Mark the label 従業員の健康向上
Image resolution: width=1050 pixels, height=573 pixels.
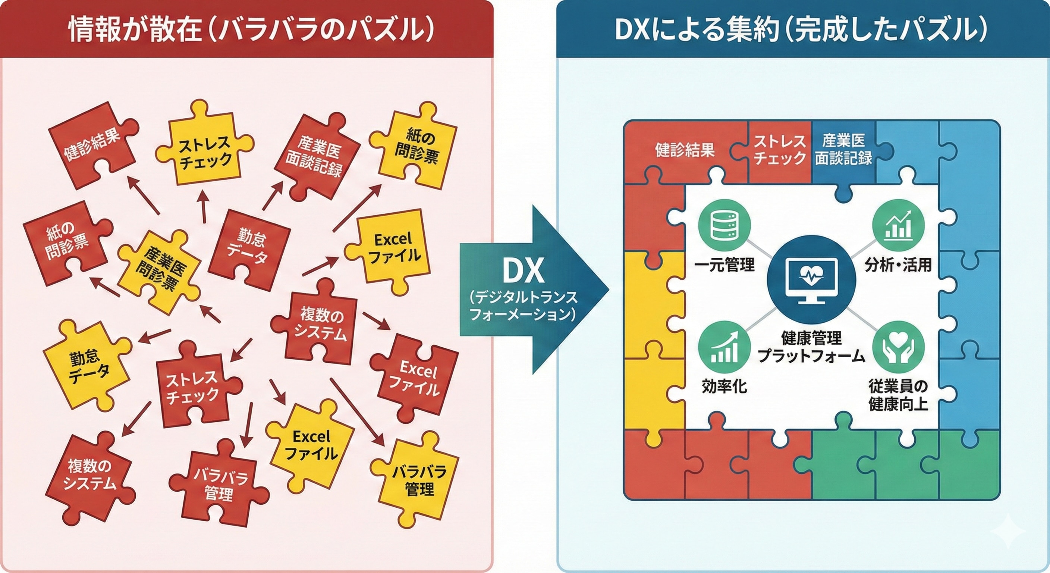tap(898, 395)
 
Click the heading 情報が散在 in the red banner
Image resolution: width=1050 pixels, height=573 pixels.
tap(135, 29)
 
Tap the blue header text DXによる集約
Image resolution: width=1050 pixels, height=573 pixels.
tap(697, 29)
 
